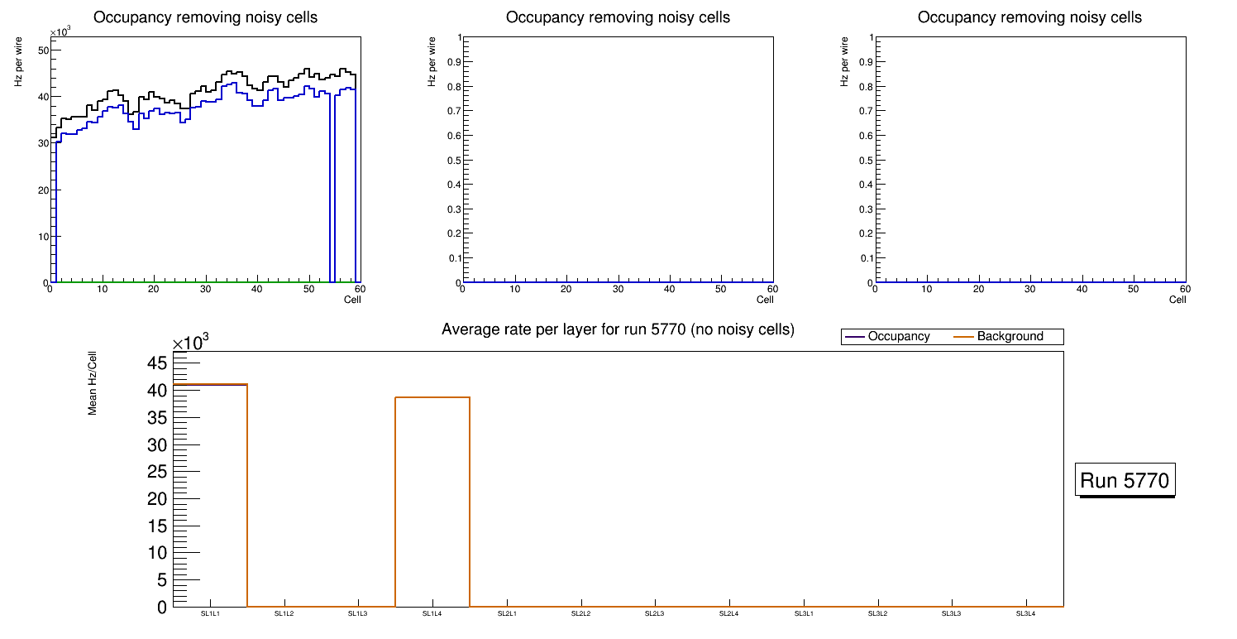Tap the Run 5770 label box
pyautogui.click(x=1125, y=480)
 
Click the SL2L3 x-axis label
pyautogui.click(x=655, y=613)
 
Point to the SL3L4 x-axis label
pyautogui.click(x=1026, y=613)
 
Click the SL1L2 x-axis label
pyautogui.click(x=284, y=613)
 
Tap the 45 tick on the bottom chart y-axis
pyautogui.click(x=158, y=363)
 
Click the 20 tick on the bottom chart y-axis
pyautogui.click(x=158, y=498)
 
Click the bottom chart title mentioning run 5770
pyautogui.click(x=618, y=329)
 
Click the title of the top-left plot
pyautogui.click(x=205, y=17)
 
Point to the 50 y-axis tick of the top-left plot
pyautogui.click(x=44, y=50)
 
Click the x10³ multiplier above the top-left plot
pyautogui.click(x=60, y=32)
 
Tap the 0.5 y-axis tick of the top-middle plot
pyautogui.click(x=452, y=160)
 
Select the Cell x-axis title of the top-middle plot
pyautogui.click(x=765, y=300)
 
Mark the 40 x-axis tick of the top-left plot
pyautogui.click(x=256, y=289)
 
